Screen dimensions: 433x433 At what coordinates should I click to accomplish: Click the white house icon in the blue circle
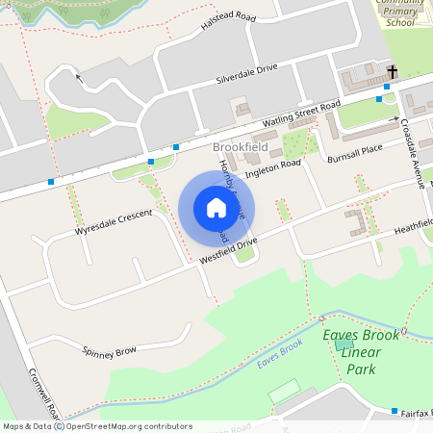point(216,207)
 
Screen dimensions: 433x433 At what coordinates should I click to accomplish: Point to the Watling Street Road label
point(303,115)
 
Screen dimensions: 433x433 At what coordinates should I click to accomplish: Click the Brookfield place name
point(240,146)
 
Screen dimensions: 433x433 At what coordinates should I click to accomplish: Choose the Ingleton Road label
point(273,168)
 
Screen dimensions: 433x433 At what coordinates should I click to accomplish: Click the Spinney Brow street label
point(111,352)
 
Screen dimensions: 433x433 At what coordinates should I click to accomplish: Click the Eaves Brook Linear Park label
point(359,351)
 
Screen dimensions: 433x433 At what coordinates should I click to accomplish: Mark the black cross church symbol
point(393,72)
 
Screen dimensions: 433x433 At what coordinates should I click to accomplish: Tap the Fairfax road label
point(417,412)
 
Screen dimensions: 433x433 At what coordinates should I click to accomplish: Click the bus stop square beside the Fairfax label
point(395,411)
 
